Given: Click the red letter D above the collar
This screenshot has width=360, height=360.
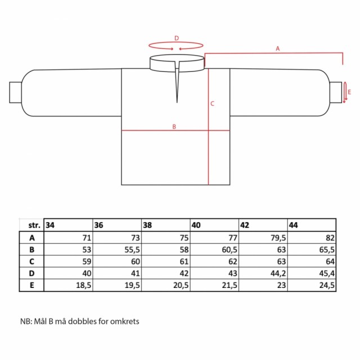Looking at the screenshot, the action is tap(176, 38).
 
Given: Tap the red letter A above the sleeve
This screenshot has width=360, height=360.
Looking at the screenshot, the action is tap(278, 49).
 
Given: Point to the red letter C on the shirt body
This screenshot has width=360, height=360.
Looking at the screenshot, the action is tap(212, 103).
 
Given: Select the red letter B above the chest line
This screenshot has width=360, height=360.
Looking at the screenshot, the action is tap(174, 127).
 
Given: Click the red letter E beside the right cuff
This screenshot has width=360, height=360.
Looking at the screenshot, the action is tap(349, 92).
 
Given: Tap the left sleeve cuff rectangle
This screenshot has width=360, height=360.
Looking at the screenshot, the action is tap(16, 92).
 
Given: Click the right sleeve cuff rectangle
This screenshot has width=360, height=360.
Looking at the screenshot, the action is tap(336, 92).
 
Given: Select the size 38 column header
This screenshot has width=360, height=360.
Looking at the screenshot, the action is tap(166, 225).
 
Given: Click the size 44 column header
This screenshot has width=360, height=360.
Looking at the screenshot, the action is tap(312, 225).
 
